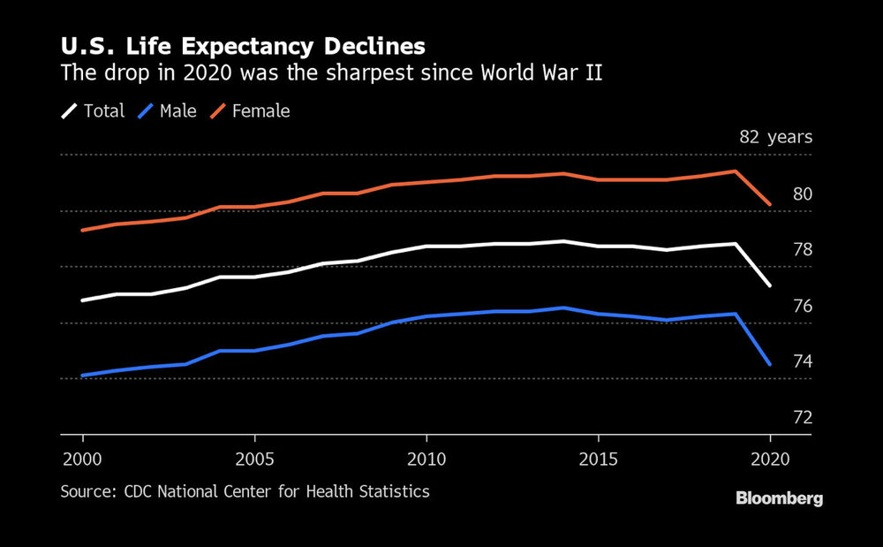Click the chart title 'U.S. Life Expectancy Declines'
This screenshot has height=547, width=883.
click(x=243, y=46)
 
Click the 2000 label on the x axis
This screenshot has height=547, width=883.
click(x=83, y=460)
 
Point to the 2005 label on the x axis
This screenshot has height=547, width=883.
click(x=254, y=460)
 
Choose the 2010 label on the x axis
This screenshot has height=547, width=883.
click(x=426, y=460)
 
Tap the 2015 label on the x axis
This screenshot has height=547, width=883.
click(x=598, y=460)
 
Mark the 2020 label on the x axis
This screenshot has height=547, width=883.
click(x=769, y=460)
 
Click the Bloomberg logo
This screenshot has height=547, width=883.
click(x=779, y=499)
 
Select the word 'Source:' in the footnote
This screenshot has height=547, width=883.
click(x=85, y=491)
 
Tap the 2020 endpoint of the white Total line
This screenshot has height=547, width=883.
click(x=770, y=285)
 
